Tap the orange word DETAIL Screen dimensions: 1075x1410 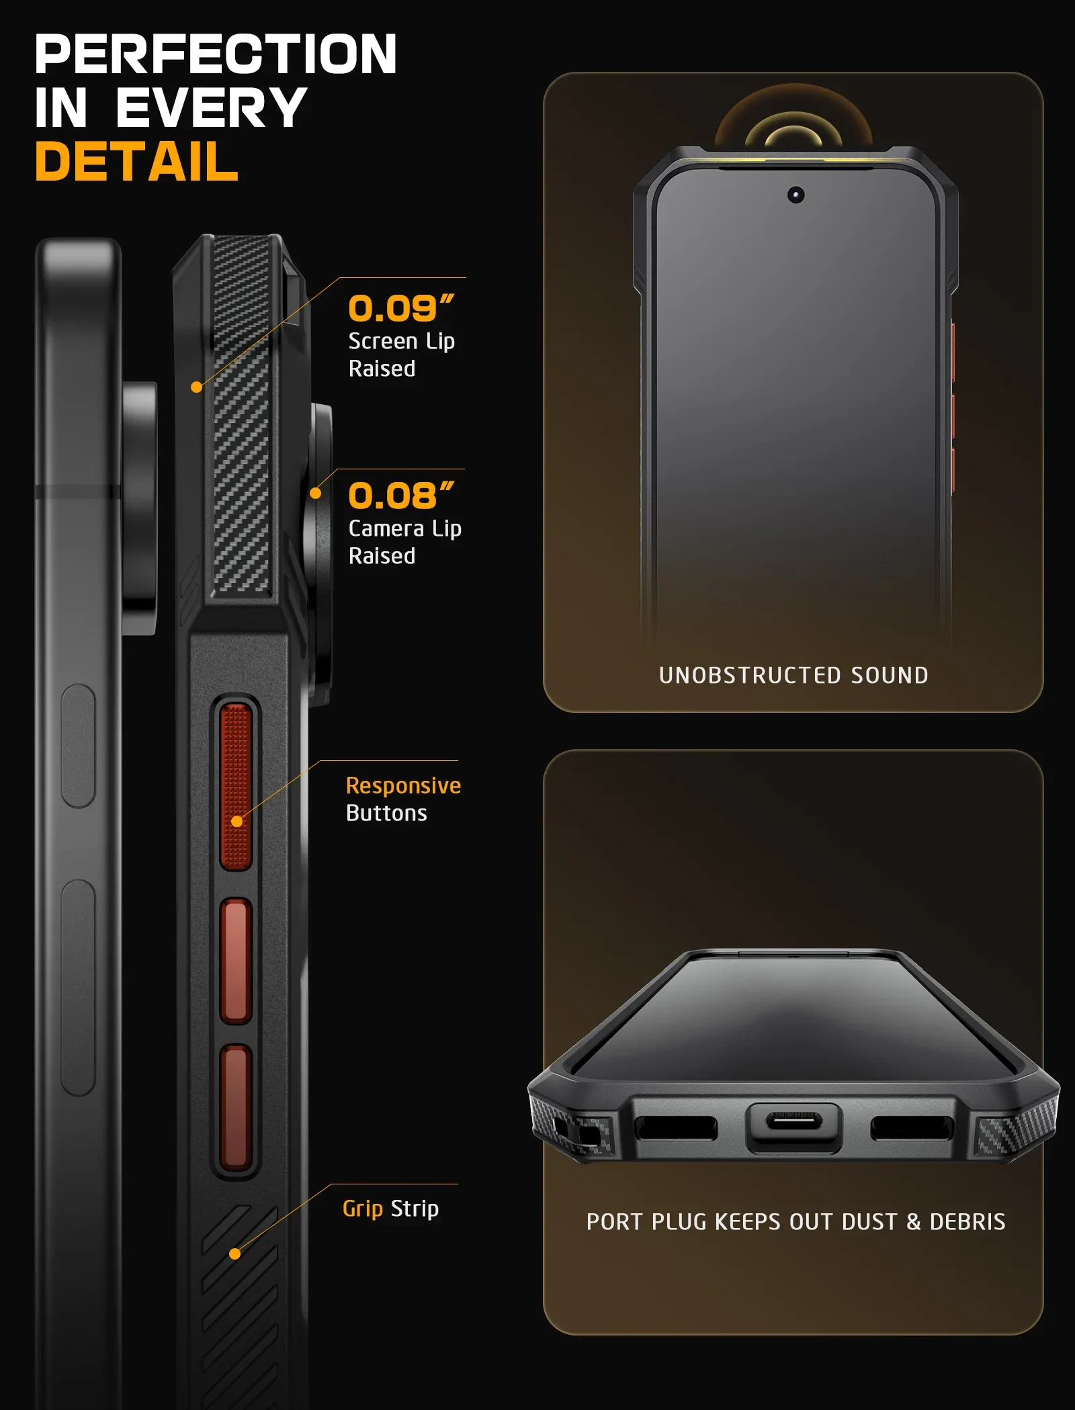(136, 161)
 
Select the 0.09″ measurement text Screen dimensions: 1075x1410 (401, 308)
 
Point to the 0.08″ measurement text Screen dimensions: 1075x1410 (401, 496)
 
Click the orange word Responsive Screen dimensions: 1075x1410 (403, 785)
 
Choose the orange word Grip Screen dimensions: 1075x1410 (363, 1209)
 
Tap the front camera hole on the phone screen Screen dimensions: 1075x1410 (795, 195)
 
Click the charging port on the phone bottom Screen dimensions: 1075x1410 (794, 1121)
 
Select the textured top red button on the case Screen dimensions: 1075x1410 (236, 786)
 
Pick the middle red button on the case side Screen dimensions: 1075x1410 (236, 960)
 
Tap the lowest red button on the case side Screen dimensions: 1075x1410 (236, 1107)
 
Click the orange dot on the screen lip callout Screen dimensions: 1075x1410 (196, 387)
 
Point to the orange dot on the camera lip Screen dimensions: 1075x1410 (315, 493)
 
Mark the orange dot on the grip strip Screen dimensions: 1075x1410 (234, 1254)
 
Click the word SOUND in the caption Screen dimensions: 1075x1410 (890, 675)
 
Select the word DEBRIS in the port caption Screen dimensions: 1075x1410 (967, 1221)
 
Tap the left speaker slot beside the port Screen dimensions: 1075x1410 (676, 1127)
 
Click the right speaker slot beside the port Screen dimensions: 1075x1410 (912, 1128)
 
